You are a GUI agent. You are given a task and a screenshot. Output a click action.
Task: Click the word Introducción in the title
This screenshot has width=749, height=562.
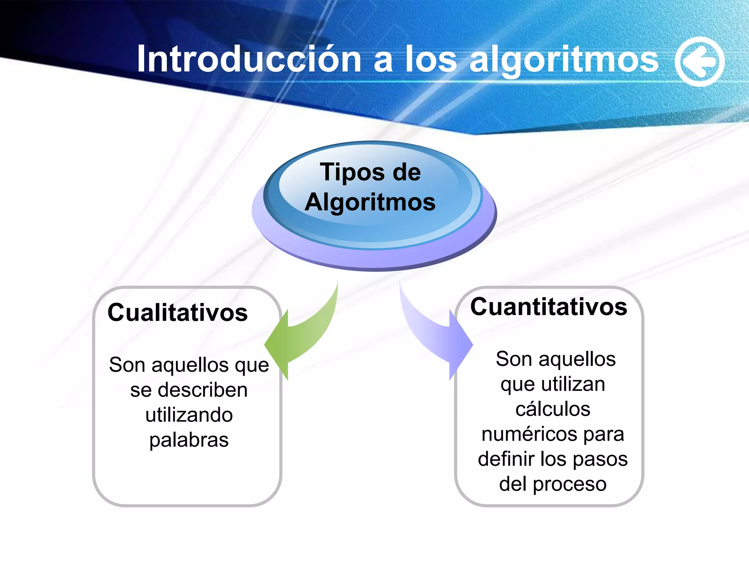pos(249,59)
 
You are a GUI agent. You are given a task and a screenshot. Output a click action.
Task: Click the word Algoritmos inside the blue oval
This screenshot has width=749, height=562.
pos(370,202)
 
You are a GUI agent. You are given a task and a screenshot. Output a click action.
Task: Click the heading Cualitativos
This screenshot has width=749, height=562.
pos(178,313)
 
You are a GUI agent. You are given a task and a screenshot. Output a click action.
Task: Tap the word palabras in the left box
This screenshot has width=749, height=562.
pos(189,440)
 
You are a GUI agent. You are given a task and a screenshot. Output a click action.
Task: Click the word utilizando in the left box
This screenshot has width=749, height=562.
pos(189,415)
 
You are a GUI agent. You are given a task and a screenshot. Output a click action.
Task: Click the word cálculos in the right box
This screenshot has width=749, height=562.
pos(553,409)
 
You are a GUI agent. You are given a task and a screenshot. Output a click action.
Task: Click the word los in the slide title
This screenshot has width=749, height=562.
pos(431,60)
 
